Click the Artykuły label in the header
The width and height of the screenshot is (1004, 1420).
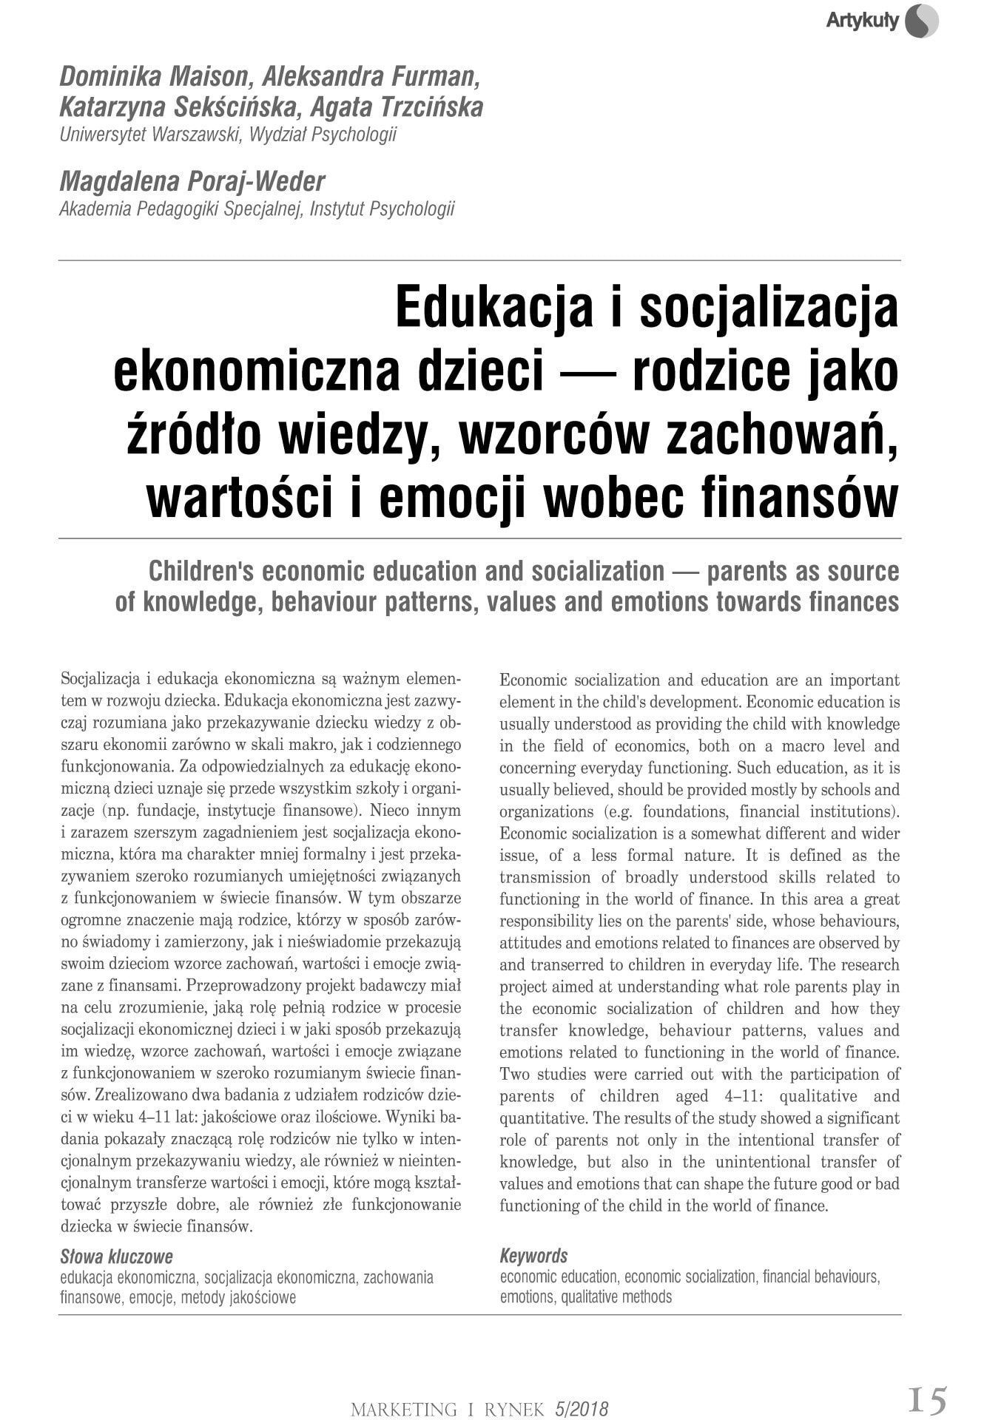[861, 21]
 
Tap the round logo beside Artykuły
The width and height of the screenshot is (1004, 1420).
[921, 21]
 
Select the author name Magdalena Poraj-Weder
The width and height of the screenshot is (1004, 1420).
[192, 181]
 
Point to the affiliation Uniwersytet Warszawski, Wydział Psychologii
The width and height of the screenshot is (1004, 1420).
[228, 135]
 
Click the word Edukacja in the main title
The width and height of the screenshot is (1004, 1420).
[493, 307]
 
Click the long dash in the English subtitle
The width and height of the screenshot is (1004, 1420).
[686, 571]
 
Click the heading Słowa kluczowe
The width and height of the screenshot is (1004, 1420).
[116, 1257]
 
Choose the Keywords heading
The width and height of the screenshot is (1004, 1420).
[533, 1256]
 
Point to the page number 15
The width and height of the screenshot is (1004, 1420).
[927, 1400]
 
